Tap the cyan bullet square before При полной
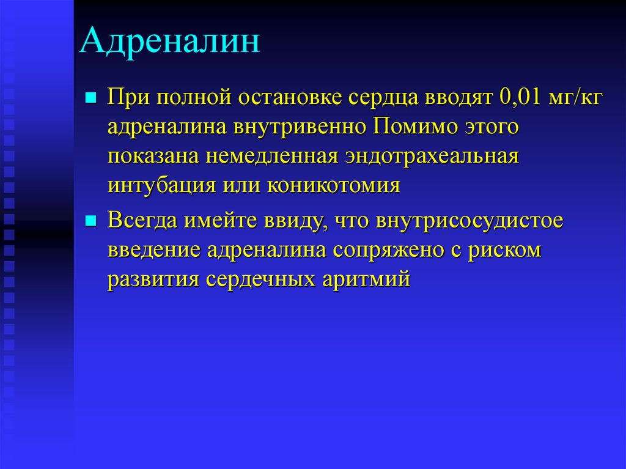91,97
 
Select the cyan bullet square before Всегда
91,221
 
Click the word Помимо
416,127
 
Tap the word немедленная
272,157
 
